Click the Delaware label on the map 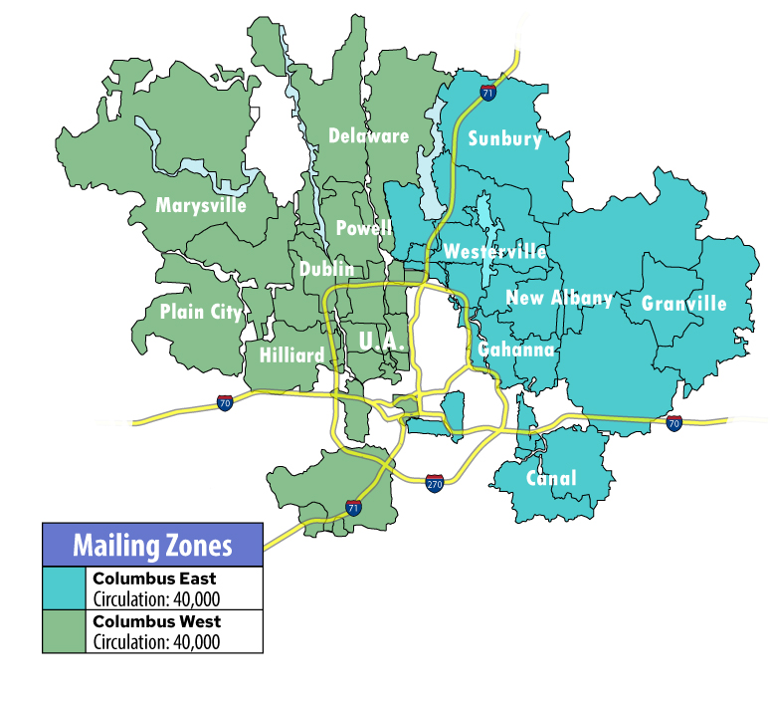coord(368,135)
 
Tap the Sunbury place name coord(505,138)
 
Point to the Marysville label coord(214,205)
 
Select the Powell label coord(363,228)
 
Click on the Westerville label coord(494,251)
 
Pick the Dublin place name coord(326,269)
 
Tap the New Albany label coord(559,298)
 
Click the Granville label coord(683,303)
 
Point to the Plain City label coord(200,312)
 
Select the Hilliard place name coord(291,355)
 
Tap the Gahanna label coord(515,350)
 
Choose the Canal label coord(550,478)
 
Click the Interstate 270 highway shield coord(434,483)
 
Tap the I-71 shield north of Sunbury coord(487,93)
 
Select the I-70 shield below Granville coord(674,423)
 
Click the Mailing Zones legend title coord(152,545)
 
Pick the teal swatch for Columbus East coord(65,587)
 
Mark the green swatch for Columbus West coord(65,631)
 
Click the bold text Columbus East coord(153,579)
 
